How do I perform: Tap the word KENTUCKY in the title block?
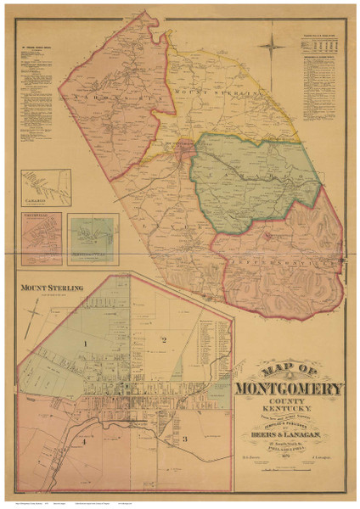tap(291, 409)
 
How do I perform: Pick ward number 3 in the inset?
tap(184, 438)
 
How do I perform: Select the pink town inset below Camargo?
tap(41, 233)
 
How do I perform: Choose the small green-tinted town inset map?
tap(93, 235)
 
